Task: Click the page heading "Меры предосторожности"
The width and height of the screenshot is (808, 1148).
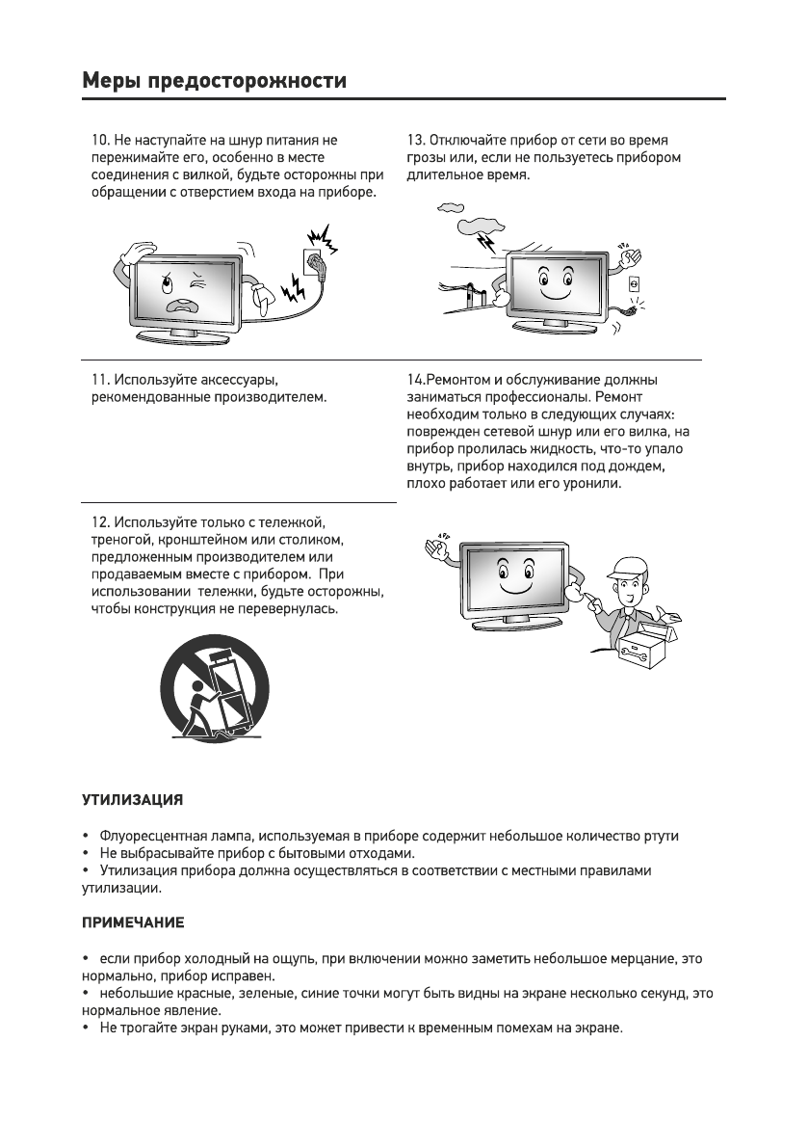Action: (x=213, y=80)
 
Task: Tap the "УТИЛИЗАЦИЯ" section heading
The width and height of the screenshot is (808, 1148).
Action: (x=131, y=800)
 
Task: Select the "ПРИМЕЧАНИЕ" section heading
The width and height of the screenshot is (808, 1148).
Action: (x=131, y=922)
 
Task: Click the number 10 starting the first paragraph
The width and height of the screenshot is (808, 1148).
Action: (x=98, y=141)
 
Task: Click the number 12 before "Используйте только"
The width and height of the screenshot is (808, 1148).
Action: (x=98, y=521)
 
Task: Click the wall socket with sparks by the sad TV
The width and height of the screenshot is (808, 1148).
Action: (x=313, y=260)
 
